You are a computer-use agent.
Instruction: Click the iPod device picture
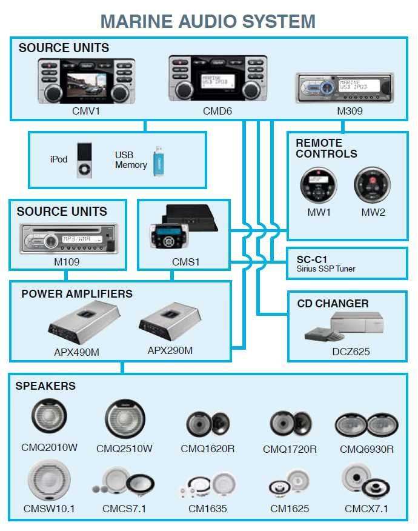[x=85, y=161]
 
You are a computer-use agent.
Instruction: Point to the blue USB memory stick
[x=158, y=161]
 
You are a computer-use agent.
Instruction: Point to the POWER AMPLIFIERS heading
[x=76, y=294]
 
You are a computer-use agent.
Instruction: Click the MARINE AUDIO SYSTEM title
[x=208, y=21]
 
